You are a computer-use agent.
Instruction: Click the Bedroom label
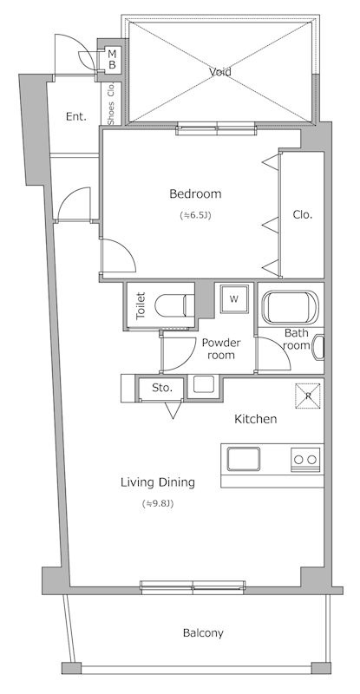(x=195, y=193)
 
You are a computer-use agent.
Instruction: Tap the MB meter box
(x=112, y=59)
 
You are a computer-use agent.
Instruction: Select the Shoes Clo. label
(x=111, y=103)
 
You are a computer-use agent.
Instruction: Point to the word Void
(x=220, y=72)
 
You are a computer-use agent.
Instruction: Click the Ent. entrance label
(x=76, y=117)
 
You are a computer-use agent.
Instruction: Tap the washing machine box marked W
(x=234, y=298)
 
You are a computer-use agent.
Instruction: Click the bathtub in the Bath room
(x=290, y=307)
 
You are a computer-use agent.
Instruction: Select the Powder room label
(x=221, y=349)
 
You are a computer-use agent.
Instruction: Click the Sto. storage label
(x=162, y=388)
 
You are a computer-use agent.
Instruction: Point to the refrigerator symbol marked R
(x=309, y=396)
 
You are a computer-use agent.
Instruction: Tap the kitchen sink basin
(x=244, y=459)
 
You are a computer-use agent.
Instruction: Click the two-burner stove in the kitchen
(x=305, y=460)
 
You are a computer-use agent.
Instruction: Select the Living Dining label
(x=158, y=483)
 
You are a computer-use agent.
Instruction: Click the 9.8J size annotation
(x=157, y=503)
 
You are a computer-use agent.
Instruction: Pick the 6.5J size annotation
(x=195, y=215)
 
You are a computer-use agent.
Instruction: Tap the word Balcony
(x=203, y=633)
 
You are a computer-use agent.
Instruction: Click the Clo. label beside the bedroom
(x=303, y=215)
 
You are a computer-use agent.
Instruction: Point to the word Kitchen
(x=256, y=419)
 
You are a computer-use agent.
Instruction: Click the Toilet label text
(x=141, y=305)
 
